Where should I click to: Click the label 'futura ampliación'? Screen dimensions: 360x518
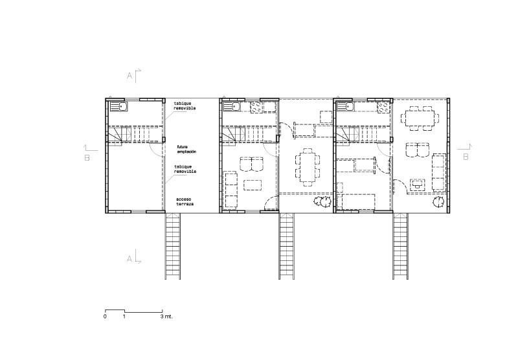pyautogui.click(x=186, y=149)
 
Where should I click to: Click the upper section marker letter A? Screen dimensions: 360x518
pyautogui.click(x=130, y=76)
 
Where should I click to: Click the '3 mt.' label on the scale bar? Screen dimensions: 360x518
pyautogui.click(x=166, y=317)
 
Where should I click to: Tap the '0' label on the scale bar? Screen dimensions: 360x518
pyautogui.click(x=105, y=317)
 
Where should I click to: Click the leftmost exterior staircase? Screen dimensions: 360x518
pyautogui.click(x=173, y=246)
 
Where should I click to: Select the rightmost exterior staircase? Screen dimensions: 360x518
pyautogui.click(x=401, y=246)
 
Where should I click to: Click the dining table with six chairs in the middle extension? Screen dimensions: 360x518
pyautogui.click(x=306, y=166)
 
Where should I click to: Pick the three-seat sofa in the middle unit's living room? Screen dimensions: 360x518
pyautogui.click(x=231, y=188)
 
